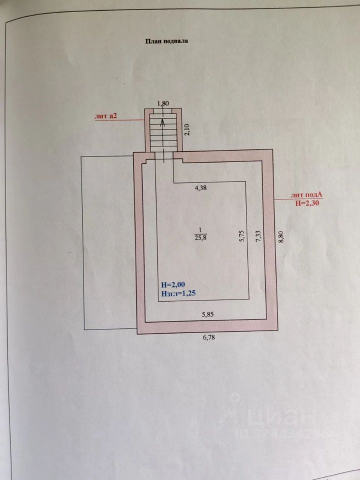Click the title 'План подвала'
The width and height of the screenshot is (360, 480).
pos(166,42)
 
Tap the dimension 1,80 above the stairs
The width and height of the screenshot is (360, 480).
pos(163,103)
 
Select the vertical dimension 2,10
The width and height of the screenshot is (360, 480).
pos(186,129)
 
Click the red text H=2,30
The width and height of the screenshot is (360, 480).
pos(305,203)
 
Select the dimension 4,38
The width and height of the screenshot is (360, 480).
pos(200,188)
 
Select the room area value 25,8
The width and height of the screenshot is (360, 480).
pos(200,238)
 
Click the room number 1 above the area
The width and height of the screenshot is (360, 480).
pos(200,229)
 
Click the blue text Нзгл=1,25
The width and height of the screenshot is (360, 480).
pos(178,294)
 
